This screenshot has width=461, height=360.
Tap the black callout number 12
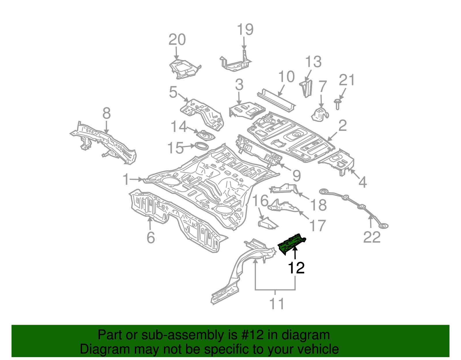pos(296,268)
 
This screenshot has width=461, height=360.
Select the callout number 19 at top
pos(245,30)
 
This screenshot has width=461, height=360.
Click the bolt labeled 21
pos(337,104)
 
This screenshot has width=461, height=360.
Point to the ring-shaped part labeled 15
pos(202,146)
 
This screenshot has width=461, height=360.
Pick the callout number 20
pos(177,40)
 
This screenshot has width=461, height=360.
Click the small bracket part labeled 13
pos(306,88)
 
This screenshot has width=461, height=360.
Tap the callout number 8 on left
pos(106,114)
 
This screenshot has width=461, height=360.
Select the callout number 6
pos(151,238)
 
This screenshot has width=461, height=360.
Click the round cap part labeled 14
pos(205,135)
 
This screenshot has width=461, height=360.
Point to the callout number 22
pos(372,238)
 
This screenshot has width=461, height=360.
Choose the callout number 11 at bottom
pos(277,304)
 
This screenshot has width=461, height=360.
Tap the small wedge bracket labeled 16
pos(267,224)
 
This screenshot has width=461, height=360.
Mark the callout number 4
pos(362,182)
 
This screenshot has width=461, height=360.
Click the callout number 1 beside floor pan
pos(126,179)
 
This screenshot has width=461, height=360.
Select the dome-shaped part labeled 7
pos(320,114)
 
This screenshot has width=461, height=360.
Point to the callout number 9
pos(296,176)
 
